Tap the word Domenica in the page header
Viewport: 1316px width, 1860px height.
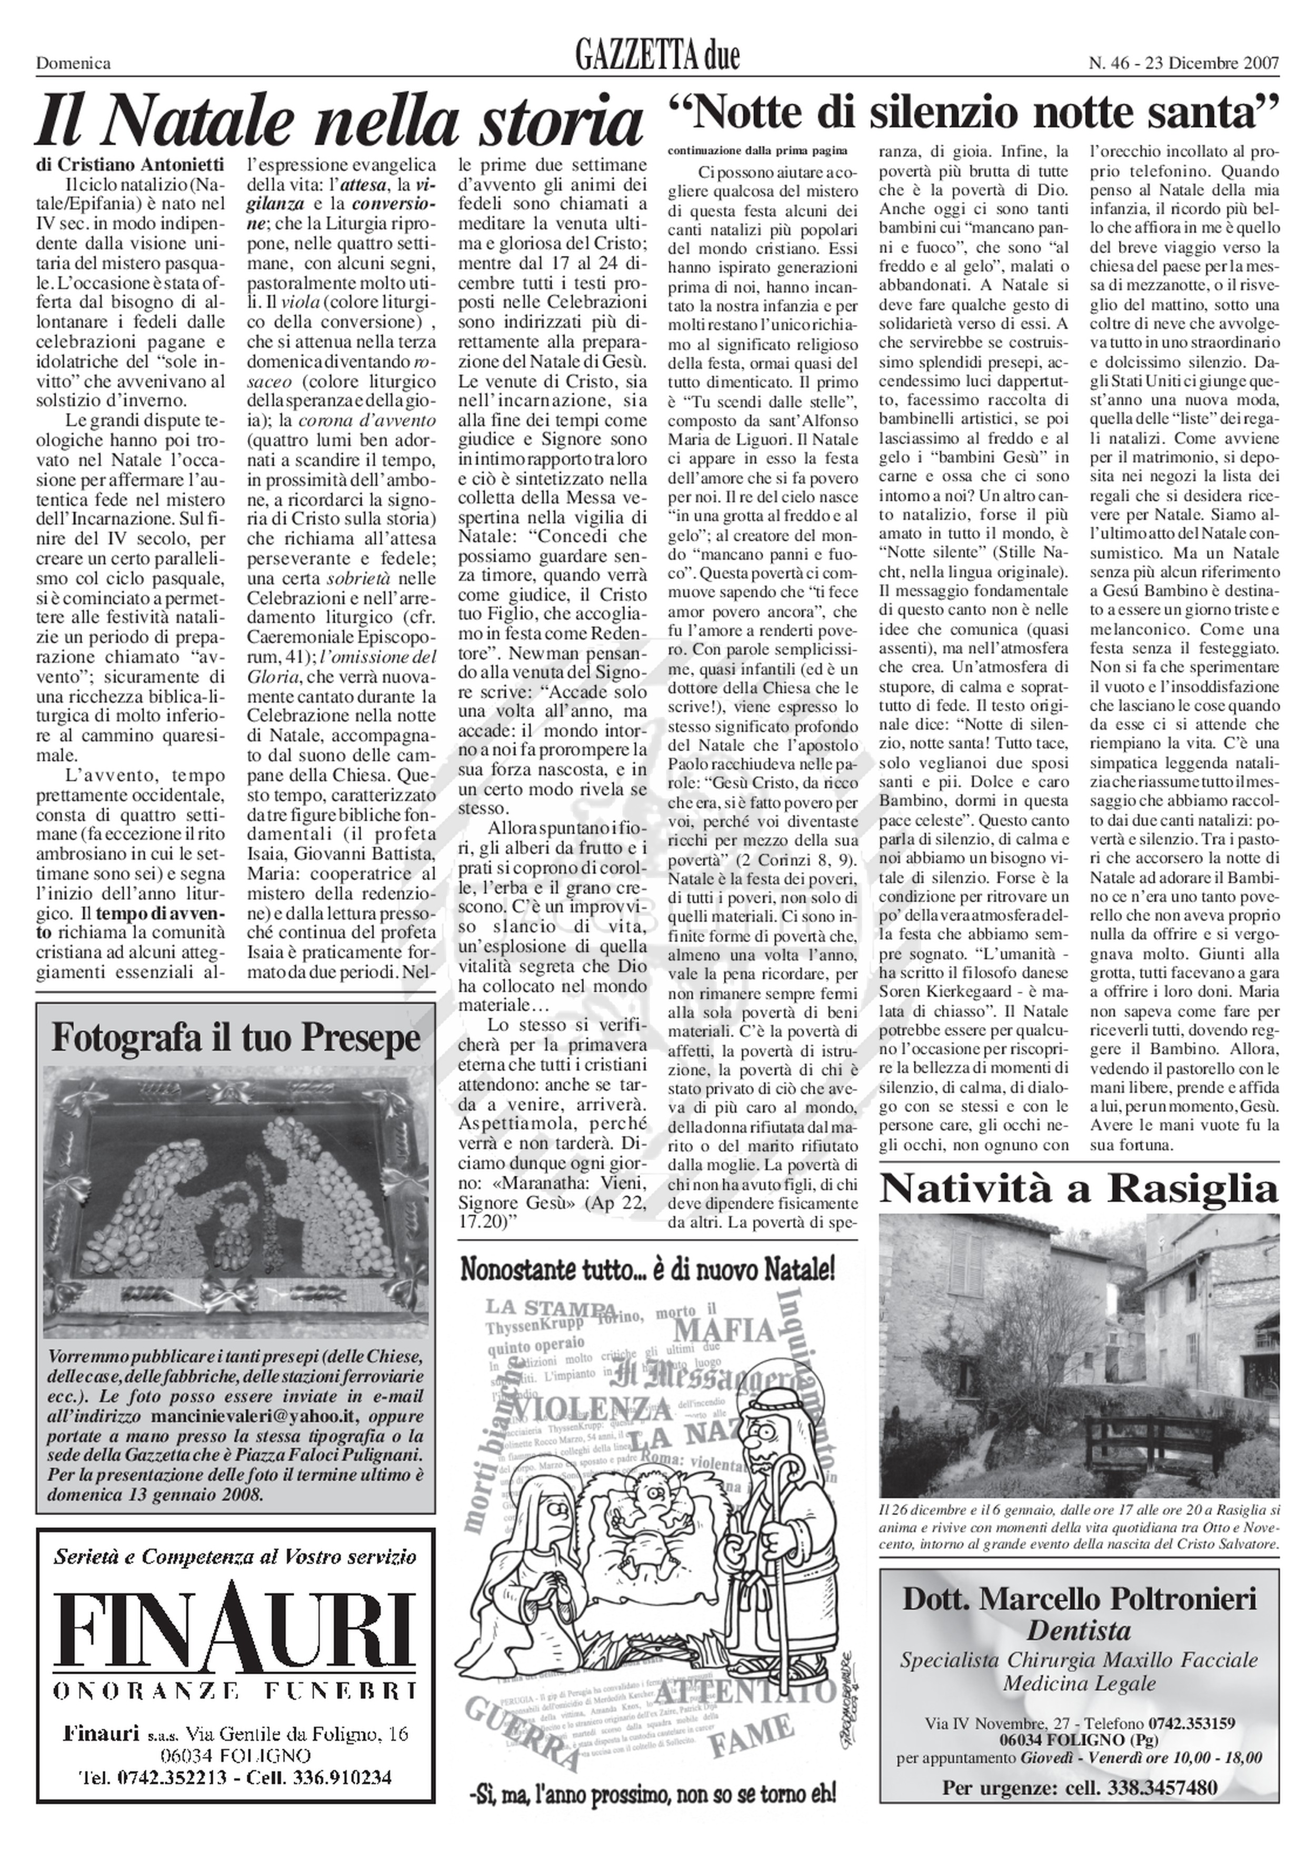coord(73,63)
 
